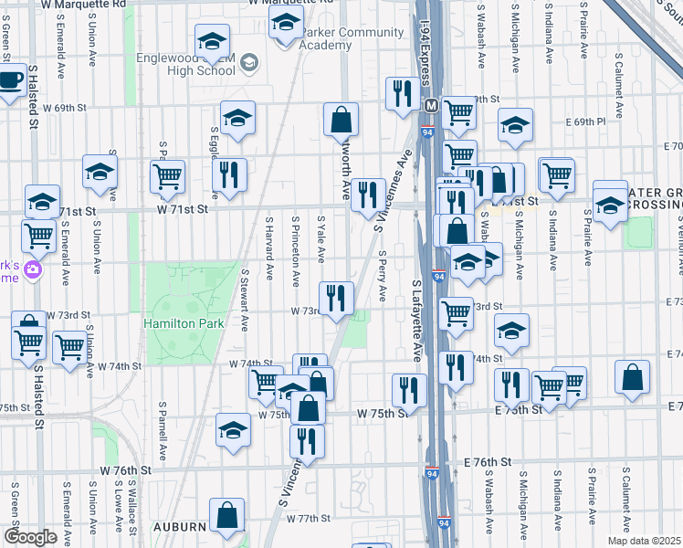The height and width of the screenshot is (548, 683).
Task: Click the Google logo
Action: click(x=30, y=537)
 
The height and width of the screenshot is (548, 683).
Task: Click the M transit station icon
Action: click(x=429, y=105)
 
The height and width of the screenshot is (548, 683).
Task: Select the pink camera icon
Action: click(x=33, y=269)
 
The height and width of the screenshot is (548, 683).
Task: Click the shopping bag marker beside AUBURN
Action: click(x=226, y=516)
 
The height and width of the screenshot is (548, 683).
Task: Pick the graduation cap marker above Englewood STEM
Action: click(x=212, y=40)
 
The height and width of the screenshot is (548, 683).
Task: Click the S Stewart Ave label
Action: click(x=246, y=300)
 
